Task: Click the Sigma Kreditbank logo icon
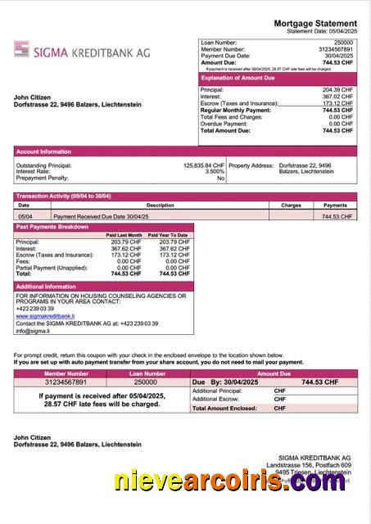22,49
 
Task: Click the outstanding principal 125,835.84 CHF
204,165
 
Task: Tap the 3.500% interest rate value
215,171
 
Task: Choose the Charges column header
291,206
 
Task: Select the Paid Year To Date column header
170,235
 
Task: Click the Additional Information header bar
46,287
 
